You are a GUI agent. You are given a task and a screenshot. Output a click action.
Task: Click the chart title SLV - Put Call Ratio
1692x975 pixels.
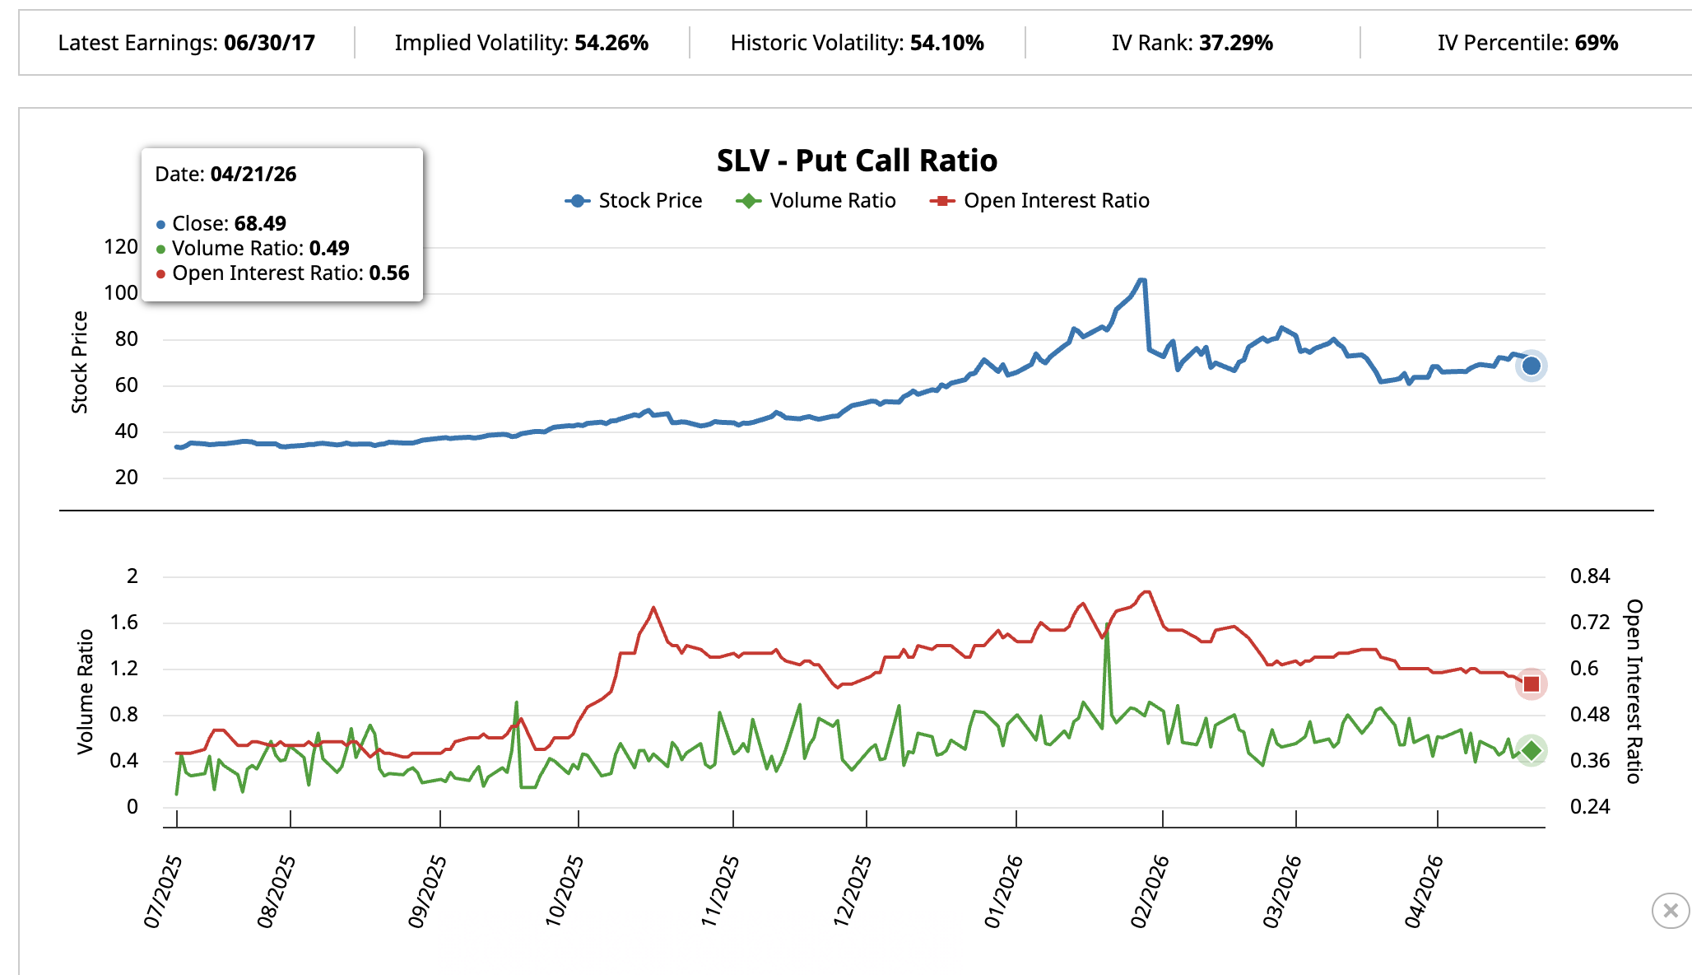point(857,161)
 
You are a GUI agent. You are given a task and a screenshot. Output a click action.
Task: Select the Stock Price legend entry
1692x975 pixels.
point(634,201)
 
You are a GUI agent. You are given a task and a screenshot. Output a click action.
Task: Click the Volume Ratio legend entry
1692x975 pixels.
point(816,201)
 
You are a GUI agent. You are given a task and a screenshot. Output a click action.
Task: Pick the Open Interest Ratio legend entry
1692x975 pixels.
point(1040,201)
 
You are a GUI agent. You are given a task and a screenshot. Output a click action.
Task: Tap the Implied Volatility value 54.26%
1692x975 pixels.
point(611,43)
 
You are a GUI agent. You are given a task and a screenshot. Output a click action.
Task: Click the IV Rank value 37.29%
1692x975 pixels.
point(1236,43)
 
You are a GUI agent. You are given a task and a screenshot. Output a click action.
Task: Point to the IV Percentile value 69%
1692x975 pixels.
point(1597,43)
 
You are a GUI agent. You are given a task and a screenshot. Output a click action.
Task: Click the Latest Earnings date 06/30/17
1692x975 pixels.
point(269,43)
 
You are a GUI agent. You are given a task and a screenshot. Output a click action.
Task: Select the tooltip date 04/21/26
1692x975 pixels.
point(253,175)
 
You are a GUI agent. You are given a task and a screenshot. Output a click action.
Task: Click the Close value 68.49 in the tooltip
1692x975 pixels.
point(260,224)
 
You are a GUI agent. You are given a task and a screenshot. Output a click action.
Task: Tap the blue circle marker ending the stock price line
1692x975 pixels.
point(1531,366)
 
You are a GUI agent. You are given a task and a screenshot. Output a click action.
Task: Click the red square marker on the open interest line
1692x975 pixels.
point(1531,684)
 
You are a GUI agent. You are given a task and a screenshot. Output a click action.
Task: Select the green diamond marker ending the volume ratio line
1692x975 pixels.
point(1531,751)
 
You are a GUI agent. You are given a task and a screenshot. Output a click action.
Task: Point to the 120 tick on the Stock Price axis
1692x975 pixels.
point(121,247)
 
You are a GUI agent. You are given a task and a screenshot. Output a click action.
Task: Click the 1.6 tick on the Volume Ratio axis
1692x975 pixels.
point(124,623)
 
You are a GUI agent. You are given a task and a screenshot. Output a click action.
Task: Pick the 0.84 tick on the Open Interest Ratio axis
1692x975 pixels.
point(1589,576)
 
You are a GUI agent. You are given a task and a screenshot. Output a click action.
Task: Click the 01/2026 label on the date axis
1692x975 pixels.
point(1004,892)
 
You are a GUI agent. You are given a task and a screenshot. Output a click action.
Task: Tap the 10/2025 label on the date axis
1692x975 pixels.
point(565,892)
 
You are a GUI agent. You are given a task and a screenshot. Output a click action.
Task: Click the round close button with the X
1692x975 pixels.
point(1670,911)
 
